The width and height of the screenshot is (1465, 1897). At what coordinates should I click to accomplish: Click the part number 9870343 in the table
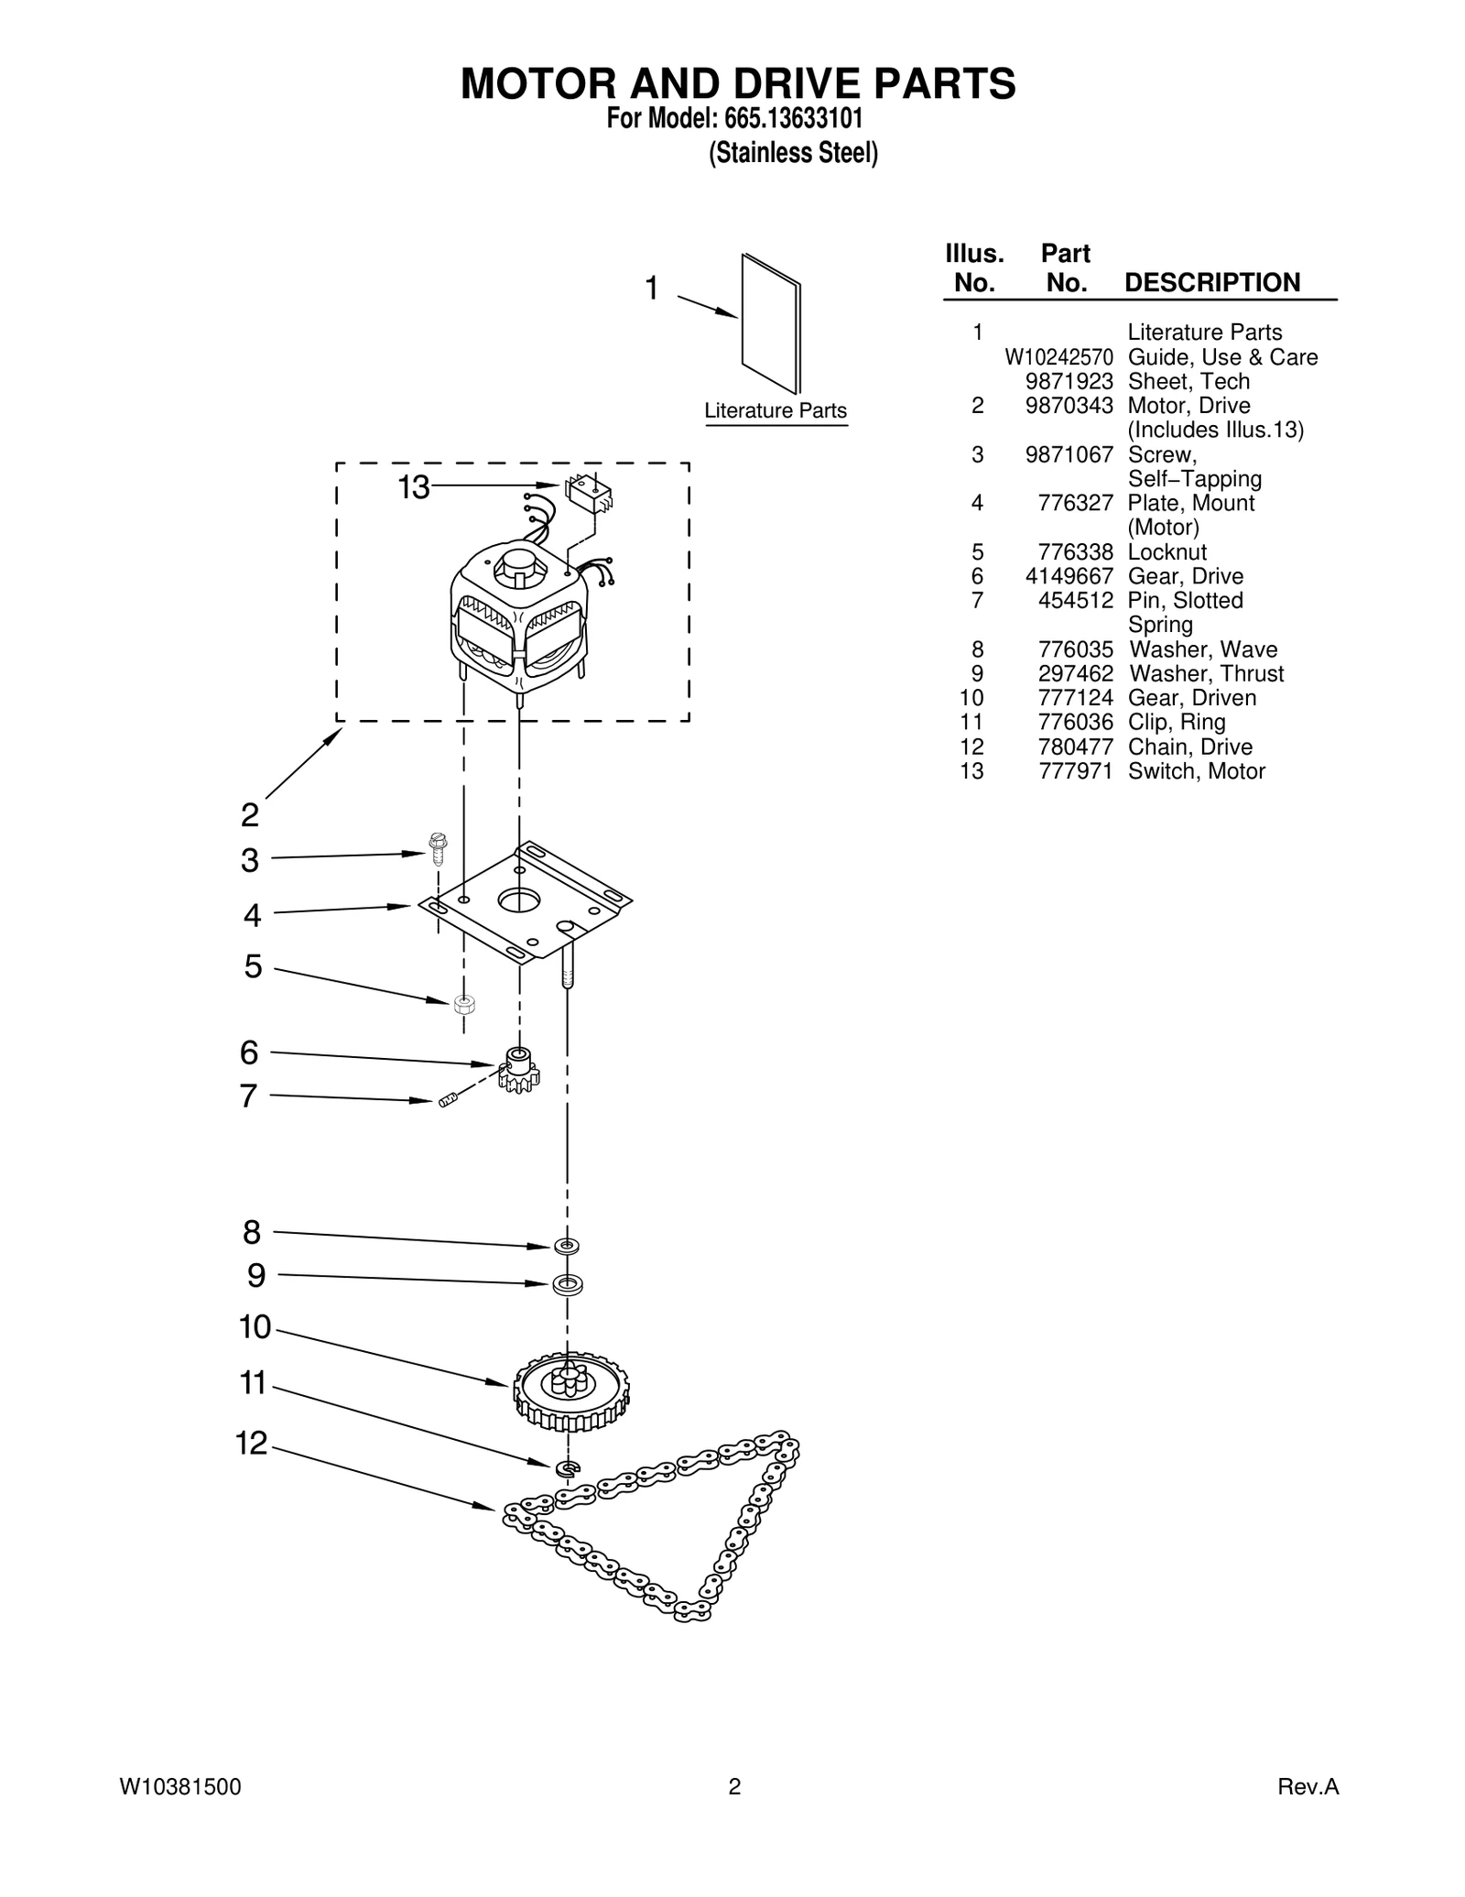point(1069,406)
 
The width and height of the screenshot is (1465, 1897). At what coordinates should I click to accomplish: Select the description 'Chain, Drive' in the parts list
point(1189,747)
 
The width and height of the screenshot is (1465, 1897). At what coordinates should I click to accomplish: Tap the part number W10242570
point(1058,357)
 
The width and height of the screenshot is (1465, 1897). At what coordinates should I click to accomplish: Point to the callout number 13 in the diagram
point(413,487)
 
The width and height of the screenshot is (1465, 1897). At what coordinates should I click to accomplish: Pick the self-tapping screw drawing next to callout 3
point(438,848)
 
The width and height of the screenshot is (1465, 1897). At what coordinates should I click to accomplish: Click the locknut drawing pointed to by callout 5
point(464,1003)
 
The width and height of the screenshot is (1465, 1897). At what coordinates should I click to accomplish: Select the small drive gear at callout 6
point(519,1070)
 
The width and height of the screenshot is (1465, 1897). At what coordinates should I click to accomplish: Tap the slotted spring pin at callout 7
point(447,1100)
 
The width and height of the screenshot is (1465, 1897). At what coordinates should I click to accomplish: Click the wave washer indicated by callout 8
point(567,1246)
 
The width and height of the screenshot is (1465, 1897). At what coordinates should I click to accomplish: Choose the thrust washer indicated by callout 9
point(567,1284)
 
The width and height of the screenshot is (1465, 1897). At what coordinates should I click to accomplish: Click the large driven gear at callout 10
point(571,1390)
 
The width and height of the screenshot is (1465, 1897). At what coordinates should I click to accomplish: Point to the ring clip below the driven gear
point(568,1468)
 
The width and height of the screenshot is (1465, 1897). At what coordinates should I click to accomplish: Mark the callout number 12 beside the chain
point(251,1444)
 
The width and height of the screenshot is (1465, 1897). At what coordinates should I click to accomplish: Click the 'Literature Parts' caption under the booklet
point(776,411)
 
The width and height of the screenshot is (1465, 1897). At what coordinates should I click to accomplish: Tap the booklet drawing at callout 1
point(771,322)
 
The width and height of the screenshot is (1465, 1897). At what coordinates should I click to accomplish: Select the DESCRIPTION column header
point(1211,282)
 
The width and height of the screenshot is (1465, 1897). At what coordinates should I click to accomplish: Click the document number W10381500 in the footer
point(180,1786)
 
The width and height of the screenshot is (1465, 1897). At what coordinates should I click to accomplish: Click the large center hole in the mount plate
point(519,899)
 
